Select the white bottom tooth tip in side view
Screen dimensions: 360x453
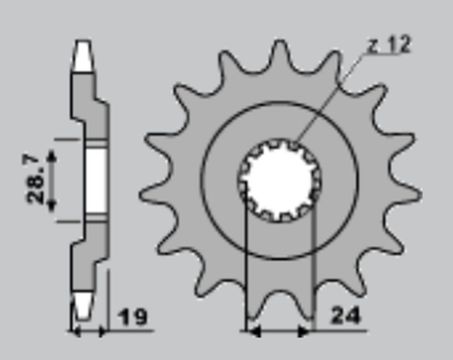click(x=84, y=303)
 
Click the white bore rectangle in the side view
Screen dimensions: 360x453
click(x=95, y=179)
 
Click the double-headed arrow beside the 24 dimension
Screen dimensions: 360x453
click(x=280, y=331)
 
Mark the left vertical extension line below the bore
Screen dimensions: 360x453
click(x=249, y=262)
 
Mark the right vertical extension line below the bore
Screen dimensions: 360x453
click(x=312, y=262)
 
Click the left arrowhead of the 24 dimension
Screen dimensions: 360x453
click(x=254, y=331)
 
